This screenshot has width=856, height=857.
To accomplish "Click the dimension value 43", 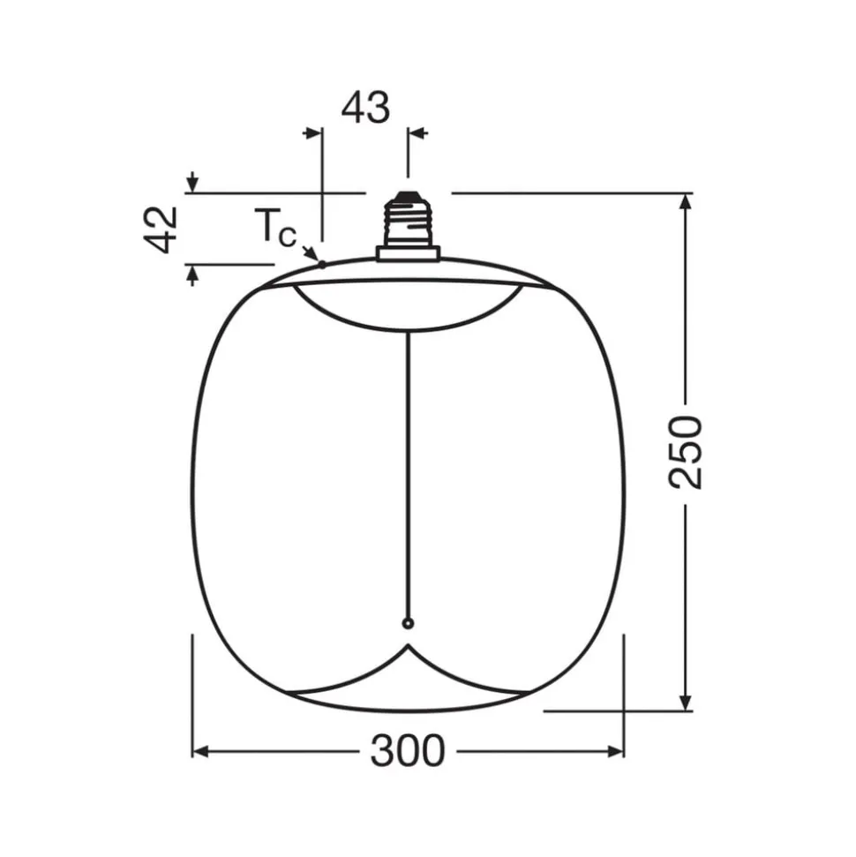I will (365, 108).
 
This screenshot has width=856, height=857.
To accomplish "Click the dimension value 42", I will (162, 229).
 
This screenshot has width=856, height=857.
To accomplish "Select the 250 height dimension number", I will (686, 451).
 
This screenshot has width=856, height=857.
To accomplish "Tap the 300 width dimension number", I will (407, 751).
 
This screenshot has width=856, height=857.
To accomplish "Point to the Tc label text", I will (275, 229).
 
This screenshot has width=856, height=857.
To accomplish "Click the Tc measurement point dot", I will (322, 263).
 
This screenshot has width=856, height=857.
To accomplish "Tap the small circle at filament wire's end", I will (407, 624).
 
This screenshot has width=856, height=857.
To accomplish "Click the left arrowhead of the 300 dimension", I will (200, 751).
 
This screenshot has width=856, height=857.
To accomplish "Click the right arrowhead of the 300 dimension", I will (615, 751).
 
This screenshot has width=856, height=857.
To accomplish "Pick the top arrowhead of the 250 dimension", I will (686, 200).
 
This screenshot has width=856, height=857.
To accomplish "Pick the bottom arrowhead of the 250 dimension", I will (686, 702).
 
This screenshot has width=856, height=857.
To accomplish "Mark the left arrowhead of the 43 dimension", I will (312, 133).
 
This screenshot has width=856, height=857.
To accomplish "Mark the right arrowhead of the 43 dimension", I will (417, 133).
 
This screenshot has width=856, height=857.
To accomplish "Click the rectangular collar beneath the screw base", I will (407, 253).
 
